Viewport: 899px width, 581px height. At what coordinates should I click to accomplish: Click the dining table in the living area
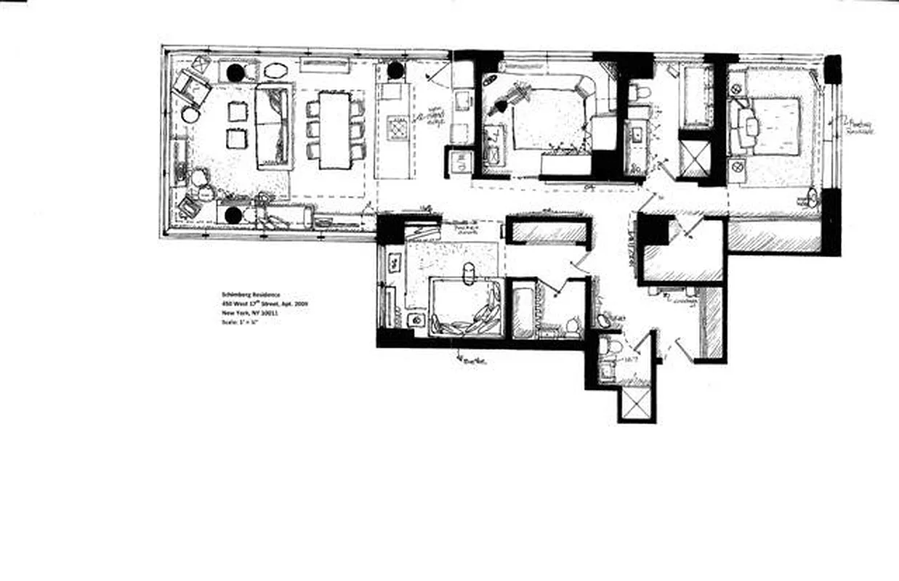[x=334, y=129]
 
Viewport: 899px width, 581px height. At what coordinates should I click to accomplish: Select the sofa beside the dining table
[x=274, y=126]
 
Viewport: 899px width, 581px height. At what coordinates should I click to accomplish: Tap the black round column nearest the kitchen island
[x=395, y=70]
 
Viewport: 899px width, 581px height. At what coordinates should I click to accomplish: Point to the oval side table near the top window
[x=275, y=71]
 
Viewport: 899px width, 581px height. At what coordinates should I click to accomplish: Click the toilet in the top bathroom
[x=640, y=92]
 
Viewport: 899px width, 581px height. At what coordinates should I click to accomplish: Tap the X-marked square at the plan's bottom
[x=637, y=403]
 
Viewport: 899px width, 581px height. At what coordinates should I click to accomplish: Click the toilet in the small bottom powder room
[x=612, y=346]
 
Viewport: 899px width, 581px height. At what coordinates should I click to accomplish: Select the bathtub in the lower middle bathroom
[x=523, y=310]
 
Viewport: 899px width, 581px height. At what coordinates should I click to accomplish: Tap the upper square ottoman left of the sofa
[x=238, y=111]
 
